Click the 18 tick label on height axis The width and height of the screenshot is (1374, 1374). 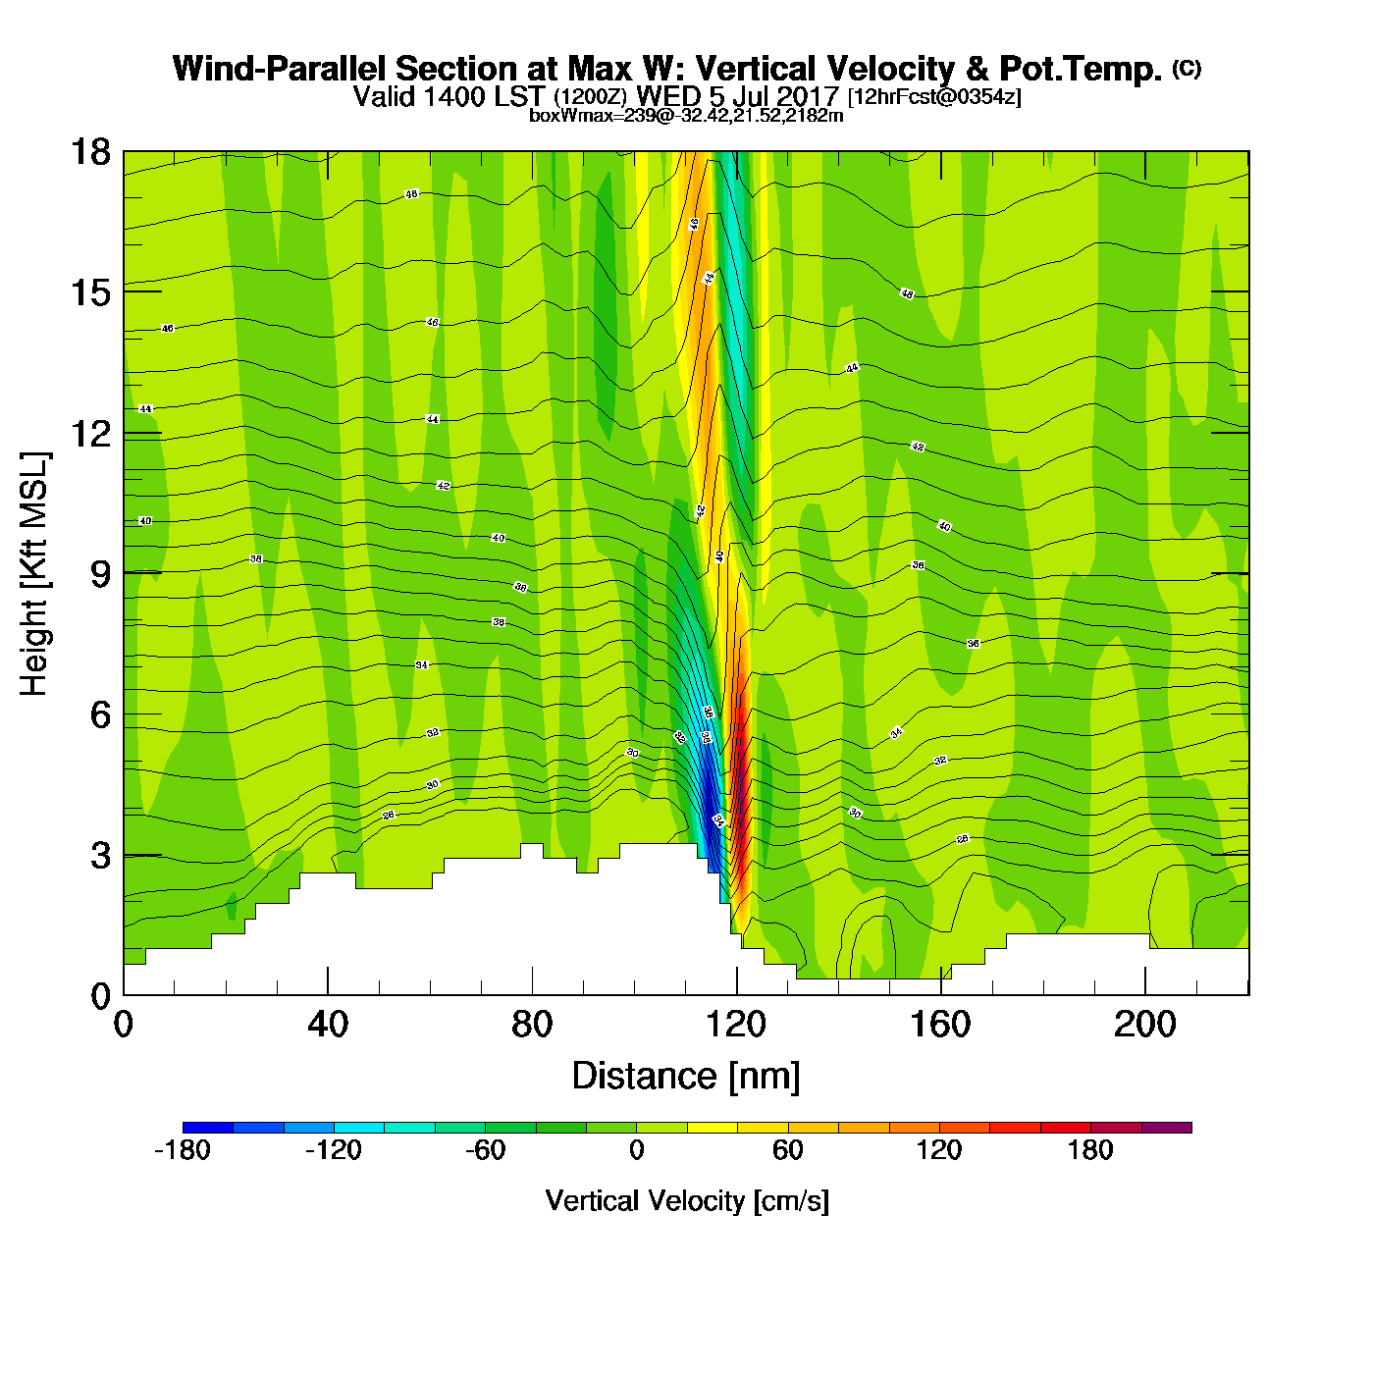click(89, 152)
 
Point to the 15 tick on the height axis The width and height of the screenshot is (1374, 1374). click(89, 292)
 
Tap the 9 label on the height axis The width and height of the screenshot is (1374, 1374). click(100, 574)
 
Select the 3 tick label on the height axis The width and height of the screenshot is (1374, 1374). click(100, 856)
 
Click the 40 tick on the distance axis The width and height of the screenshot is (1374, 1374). click(328, 1025)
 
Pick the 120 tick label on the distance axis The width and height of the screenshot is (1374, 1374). click(736, 1025)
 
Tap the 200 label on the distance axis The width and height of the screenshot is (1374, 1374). click(1144, 1025)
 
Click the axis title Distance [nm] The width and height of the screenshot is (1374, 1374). click(686, 1077)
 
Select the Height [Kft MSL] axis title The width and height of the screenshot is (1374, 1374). click(34, 574)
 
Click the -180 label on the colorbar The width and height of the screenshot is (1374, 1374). click(183, 1150)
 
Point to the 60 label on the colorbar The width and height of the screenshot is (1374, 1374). click(788, 1150)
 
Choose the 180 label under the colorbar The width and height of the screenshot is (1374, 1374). click(1090, 1150)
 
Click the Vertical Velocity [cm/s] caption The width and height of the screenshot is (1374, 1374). click(686, 1200)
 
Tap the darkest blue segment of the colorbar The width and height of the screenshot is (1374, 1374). click(207, 1128)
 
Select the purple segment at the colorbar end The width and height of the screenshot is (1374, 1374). click(1167, 1128)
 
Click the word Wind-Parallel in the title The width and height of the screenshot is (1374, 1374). click(280, 69)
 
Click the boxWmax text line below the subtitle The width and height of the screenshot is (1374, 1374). click(686, 115)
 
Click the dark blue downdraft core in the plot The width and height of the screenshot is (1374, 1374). click(708, 795)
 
